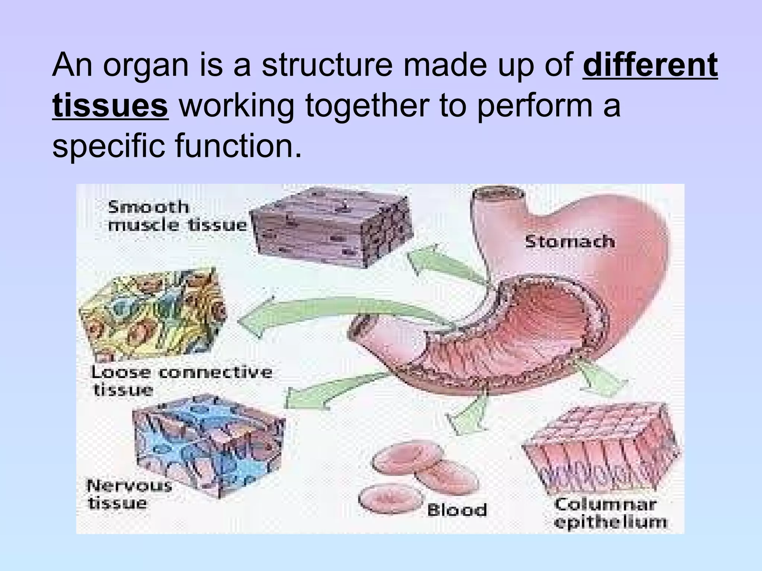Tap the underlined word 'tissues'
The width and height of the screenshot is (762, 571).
(110, 106)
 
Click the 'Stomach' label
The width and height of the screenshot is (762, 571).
(569, 242)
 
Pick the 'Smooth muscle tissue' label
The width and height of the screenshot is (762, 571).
(176, 216)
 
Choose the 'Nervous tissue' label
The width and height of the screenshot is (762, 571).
(128, 494)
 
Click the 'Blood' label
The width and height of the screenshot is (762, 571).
(457, 510)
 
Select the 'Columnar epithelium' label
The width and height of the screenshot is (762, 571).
(610, 513)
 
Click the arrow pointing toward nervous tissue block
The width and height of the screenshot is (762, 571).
(335, 390)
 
